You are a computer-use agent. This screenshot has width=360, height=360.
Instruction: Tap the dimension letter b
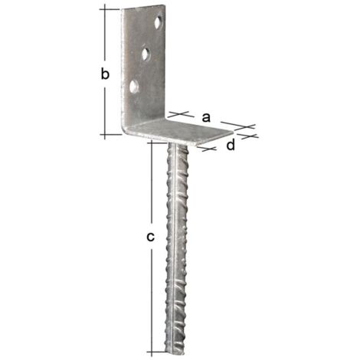click(107, 74)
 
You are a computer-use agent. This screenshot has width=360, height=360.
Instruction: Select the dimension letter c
click(151, 237)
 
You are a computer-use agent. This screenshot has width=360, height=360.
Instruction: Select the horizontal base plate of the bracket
click(191, 133)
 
